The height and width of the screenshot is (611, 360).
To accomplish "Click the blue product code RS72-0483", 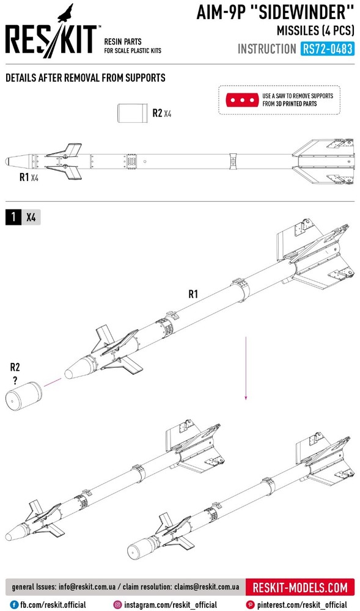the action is tap(327, 49).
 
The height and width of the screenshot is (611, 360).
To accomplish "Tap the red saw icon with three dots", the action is tap(242, 100).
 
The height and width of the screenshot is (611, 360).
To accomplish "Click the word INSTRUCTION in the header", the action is tap(267, 49).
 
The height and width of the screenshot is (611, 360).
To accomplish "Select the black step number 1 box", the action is tap(13, 217).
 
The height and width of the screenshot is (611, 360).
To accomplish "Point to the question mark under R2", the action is tap(15, 381).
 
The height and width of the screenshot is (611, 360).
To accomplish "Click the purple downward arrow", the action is tap(246, 368).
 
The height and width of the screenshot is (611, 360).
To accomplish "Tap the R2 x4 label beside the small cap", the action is tap(162, 114).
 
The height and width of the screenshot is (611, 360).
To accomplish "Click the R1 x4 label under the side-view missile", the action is tap(29, 178).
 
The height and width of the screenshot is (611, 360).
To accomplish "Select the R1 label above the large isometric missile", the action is tap(193, 295).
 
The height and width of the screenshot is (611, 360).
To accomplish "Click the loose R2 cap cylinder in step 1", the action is tap(24, 395).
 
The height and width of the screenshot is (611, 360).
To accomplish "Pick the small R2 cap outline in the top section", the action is tap(133, 113).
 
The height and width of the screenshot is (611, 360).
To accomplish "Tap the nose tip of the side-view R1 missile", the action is tap(6, 161).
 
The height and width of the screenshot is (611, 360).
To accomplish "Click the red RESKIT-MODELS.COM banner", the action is tap(300, 587).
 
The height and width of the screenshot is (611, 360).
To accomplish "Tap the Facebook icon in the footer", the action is tap(15, 605).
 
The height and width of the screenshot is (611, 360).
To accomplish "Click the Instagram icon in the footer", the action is tap(118, 605).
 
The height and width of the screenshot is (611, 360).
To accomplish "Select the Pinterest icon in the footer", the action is tap(250, 605).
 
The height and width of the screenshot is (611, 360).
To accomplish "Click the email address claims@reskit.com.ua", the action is tap(207, 587).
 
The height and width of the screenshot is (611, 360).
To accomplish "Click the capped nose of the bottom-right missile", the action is tap(139, 547).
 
